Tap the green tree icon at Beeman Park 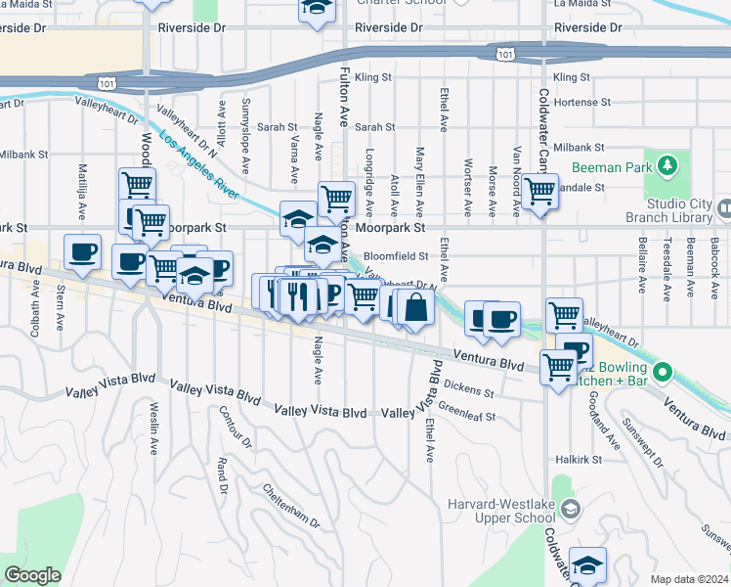pos(668,165)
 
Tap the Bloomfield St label pos(397,255)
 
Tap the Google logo pos(32,575)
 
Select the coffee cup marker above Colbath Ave pos(82,251)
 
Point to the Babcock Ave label pos(715,252)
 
